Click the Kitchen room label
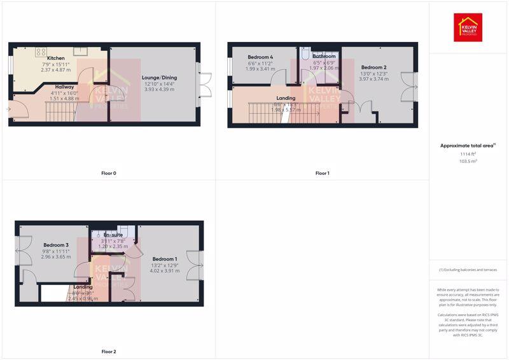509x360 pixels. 56,59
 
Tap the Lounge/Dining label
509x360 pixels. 159,78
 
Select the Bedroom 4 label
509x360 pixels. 260,57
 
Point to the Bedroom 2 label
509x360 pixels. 374,67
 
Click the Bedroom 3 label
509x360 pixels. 56,245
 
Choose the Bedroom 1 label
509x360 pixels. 165,259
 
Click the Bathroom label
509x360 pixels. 324,57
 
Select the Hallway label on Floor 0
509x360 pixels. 65,87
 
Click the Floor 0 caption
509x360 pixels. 109,173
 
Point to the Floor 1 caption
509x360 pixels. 322,173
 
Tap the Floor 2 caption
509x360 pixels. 109,351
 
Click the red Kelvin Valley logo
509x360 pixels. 468,27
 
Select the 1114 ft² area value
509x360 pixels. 468,154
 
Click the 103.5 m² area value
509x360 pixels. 468,162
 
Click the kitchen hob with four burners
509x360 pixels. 41,52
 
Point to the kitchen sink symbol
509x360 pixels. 80,52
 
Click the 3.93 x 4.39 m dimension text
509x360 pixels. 159,90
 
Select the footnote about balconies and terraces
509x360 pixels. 468,270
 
